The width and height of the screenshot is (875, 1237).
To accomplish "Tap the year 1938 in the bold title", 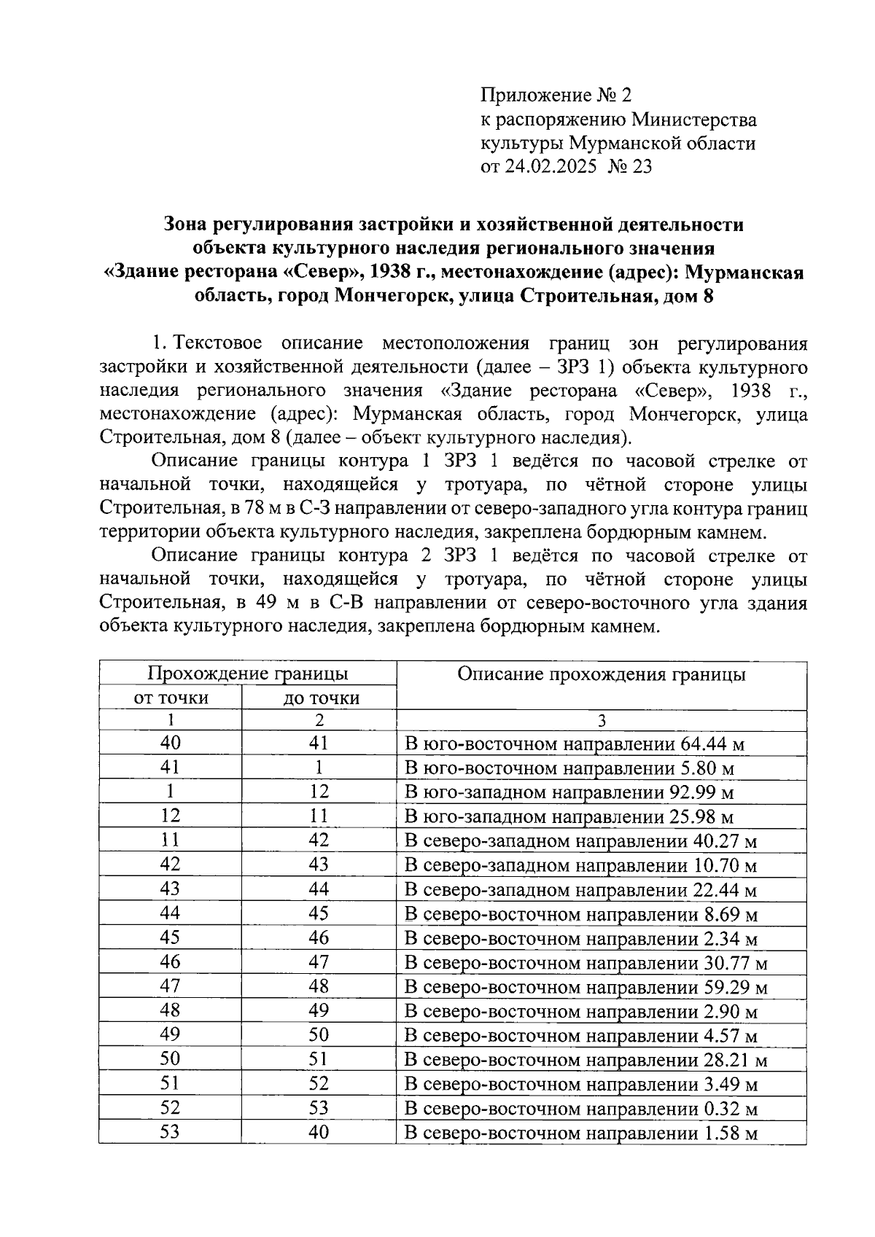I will pyautogui.click(x=394, y=273).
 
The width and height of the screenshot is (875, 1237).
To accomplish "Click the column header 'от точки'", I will pyautogui.click(x=171, y=698).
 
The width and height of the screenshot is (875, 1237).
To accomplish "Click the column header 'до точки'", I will pyautogui.click(x=321, y=698).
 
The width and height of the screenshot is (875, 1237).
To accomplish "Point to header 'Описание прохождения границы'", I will pyautogui.click(x=601, y=674).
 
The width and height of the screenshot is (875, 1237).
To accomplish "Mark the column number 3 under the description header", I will pyautogui.click(x=601, y=720).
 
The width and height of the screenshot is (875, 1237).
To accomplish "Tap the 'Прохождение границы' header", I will pyautogui.click(x=247, y=673).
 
